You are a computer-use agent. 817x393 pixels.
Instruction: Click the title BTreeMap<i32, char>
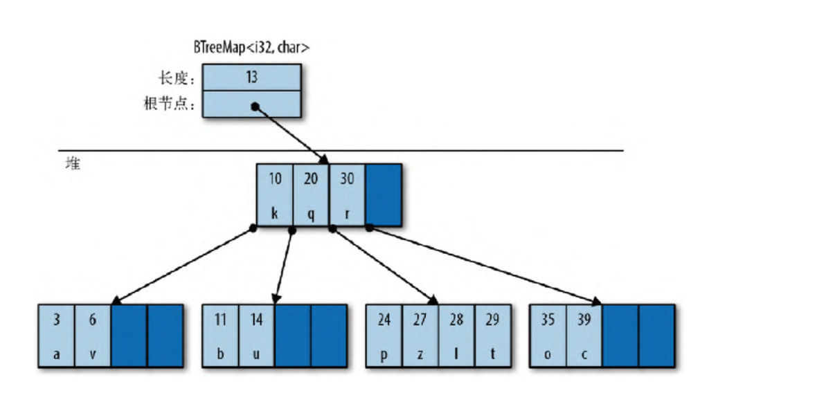click(251, 48)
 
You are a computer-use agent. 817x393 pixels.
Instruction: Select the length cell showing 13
click(252, 77)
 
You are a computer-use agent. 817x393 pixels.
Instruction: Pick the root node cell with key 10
click(275, 194)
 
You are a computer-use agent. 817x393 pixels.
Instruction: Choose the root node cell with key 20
click(311, 194)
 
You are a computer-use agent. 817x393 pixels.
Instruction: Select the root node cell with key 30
click(347, 194)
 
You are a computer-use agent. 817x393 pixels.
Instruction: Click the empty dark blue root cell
click(383, 194)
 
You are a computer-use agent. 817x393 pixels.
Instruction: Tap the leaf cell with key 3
click(57, 336)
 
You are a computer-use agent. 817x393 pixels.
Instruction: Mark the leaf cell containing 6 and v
click(93, 336)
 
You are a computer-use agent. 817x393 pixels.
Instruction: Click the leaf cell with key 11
click(221, 336)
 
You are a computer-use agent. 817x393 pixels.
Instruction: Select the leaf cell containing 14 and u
click(257, 336)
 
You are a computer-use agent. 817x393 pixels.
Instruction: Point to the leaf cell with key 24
click(384, 336)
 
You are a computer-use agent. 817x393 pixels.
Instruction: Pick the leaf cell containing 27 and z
click(420, 336)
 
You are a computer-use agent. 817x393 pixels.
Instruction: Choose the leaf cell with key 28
click(456, 336)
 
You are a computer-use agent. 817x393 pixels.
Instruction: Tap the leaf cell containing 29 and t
click(492, 336)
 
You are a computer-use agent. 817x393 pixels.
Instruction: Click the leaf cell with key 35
click(548, 336)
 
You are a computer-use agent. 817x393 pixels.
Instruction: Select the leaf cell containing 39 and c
click(584, 336)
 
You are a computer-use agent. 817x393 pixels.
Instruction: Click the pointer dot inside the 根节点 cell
click(255, 107)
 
